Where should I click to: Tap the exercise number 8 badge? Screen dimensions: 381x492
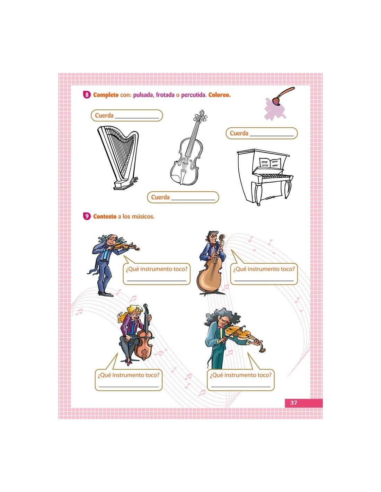point(87,95)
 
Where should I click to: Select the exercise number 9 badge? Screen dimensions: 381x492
point(87,216)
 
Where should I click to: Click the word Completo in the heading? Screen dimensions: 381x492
point(106,95)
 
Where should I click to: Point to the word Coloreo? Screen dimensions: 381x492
point(219,95)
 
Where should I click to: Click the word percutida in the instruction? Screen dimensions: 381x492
point(193,95)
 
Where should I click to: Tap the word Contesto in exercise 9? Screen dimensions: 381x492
point(105,216)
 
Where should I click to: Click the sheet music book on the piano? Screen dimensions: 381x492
point(270,163)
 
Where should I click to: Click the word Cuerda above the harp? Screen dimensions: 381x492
point(104,116)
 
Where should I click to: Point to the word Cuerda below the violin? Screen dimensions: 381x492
point(160,197)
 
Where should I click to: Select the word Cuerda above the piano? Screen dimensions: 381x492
point(239,133)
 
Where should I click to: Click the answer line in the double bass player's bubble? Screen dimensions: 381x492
point(264,281)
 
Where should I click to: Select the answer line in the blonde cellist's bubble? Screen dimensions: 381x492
point(129,387)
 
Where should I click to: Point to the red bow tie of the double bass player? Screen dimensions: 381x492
point(213,245)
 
